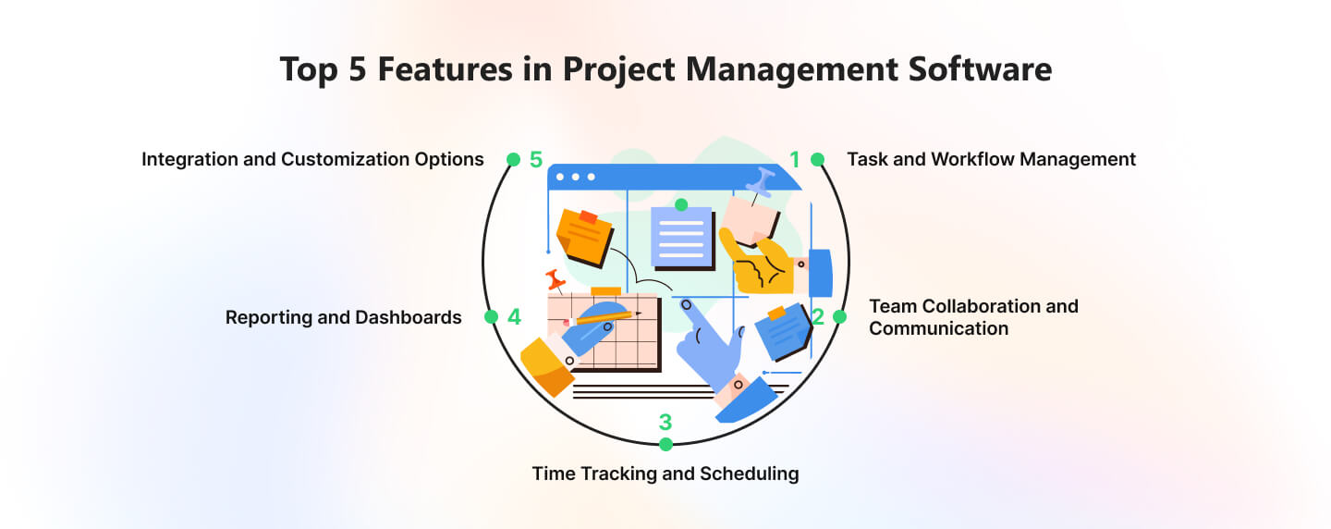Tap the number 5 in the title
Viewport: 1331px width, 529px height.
357,69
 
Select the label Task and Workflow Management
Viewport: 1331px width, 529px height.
991,159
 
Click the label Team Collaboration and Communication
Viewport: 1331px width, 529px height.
973,317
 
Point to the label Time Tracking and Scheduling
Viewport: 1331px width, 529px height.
665,474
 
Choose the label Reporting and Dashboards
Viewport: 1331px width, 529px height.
344,317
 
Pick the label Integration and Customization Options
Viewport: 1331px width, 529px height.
312,159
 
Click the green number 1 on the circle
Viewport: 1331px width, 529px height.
795,159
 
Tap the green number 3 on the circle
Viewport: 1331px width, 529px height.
665,423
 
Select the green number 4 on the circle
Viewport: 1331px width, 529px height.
514,317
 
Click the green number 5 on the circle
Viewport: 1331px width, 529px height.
536,159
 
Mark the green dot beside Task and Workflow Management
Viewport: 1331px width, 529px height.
818,159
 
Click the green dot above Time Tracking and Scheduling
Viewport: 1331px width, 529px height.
665,444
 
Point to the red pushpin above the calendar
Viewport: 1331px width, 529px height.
556,280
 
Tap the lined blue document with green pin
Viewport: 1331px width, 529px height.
682,236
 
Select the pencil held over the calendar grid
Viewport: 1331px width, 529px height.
602,318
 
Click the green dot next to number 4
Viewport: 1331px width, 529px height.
492,317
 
